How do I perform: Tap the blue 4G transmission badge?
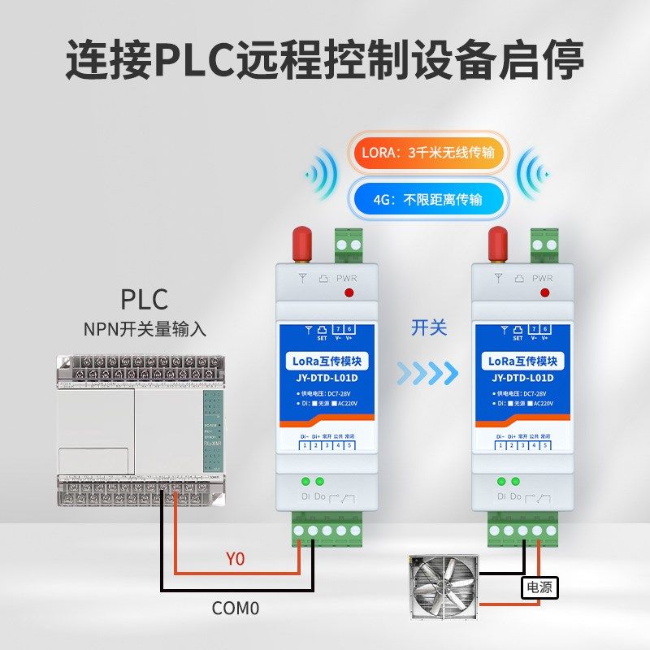pos(427,197)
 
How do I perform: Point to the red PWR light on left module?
pos(350,292)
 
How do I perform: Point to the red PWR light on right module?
pos(544,292)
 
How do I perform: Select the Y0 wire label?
pos(235,559)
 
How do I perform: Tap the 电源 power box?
pos(539,587)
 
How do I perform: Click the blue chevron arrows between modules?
pos(428,373)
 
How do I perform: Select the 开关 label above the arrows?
pos(429,327)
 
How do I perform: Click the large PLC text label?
pos(145,298)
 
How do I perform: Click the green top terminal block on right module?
pos(544,240)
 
